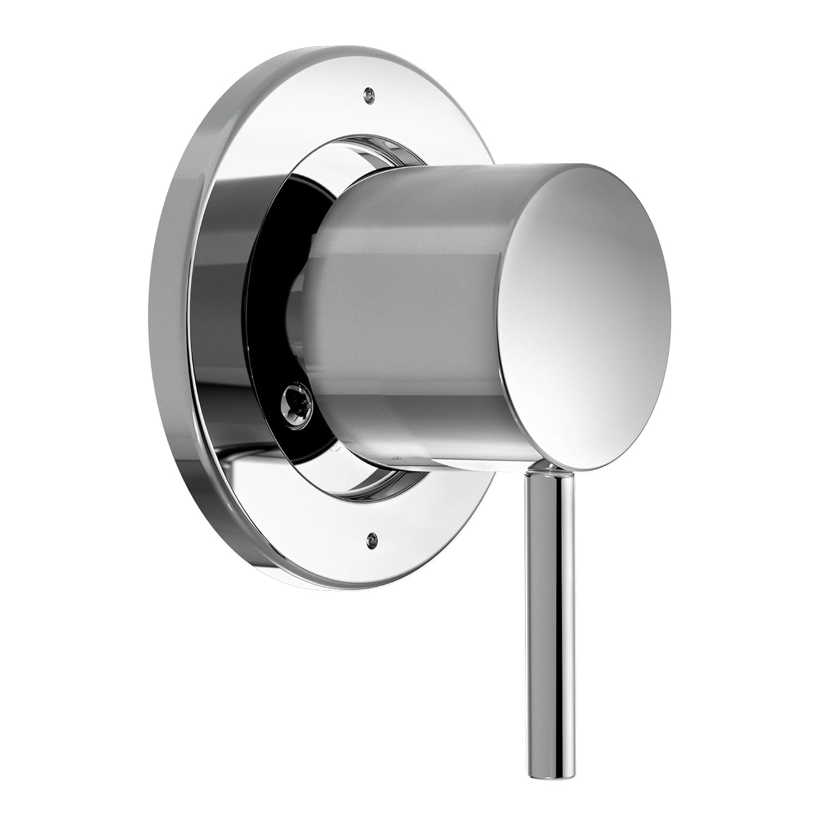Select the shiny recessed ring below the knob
tap(376, 491)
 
